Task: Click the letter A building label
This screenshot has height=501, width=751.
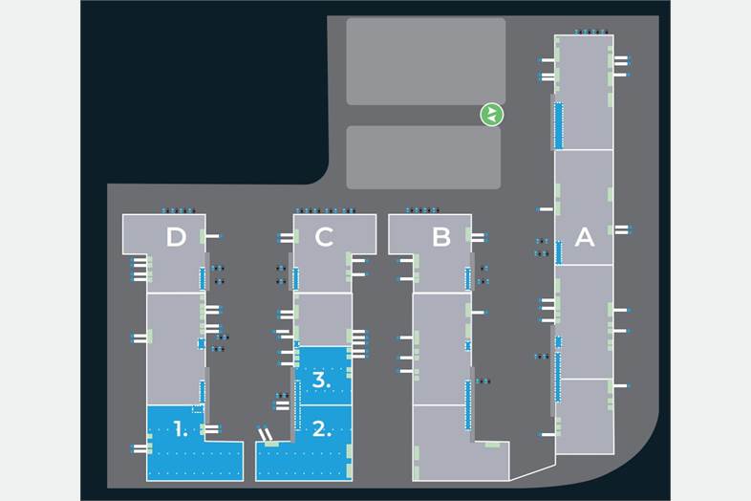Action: pos(584,236)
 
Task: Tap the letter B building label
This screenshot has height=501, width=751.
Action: pos(440,237)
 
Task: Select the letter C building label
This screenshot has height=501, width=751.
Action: pos(324,237)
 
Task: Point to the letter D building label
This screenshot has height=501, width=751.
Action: pos(176,237)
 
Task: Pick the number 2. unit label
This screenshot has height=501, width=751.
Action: pos(323,429)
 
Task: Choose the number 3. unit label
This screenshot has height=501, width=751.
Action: pos(322,380)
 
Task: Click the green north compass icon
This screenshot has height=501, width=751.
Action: pos(491,115)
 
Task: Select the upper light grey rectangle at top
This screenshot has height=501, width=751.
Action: pos(425,61)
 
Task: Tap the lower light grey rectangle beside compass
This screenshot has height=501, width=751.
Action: pos(422,157)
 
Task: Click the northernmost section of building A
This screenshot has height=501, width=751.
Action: pos(584,92)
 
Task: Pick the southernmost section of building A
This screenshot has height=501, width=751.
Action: pos(584,417)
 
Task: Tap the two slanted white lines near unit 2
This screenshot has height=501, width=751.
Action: pos(266,436)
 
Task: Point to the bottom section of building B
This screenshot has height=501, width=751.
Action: pos(449,445)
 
